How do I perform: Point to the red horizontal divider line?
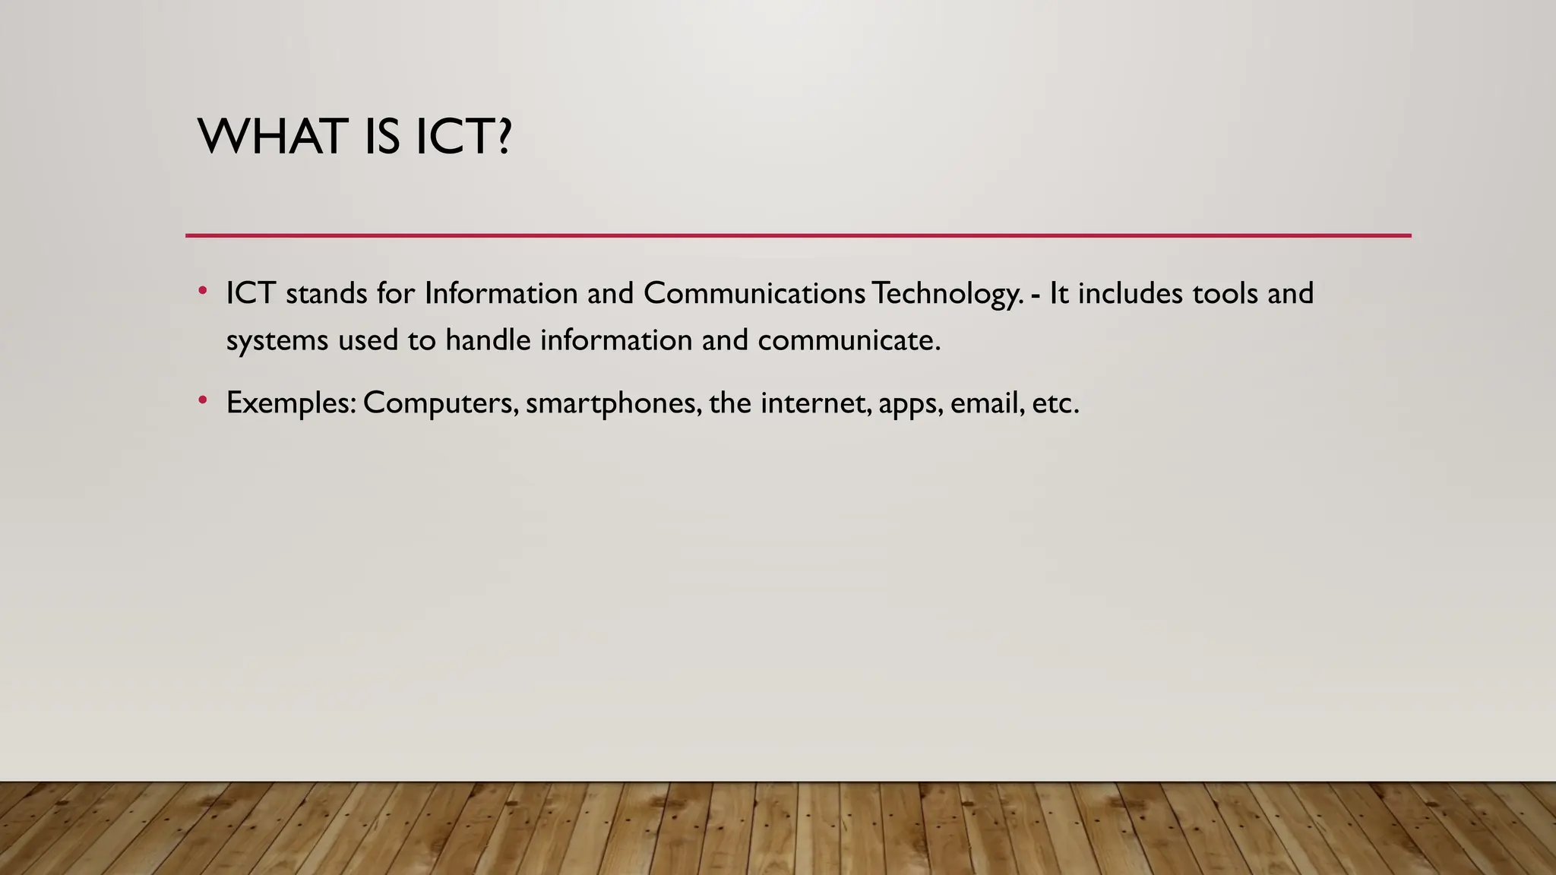(x=798, y=235)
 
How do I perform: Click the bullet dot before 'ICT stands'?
(x=203, y=291)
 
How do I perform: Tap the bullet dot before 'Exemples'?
(x=203, y=400)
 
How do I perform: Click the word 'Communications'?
(x=754, y=293)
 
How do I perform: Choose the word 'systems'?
(x=277, y=341)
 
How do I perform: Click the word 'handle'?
(x=488, y=340)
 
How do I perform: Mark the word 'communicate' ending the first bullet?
(x=846, y=340)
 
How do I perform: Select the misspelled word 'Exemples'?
(x=290, y=403)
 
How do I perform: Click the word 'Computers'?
(x=440, y=403)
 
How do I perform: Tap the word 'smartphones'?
(x=612, y=403)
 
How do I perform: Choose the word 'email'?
(x=985, y=403)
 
